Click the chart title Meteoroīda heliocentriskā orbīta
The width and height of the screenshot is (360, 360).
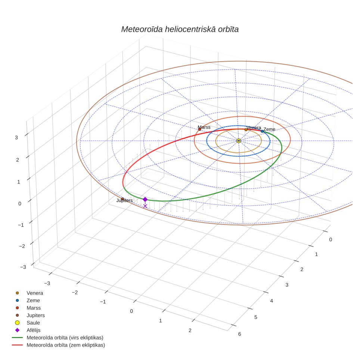coord(180,30)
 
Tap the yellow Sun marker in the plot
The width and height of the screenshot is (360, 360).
coord(239,141)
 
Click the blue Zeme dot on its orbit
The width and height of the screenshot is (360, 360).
coord(262,131)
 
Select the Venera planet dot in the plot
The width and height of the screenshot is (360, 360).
coord(246,130)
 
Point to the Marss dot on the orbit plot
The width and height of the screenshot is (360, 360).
coord(200,130)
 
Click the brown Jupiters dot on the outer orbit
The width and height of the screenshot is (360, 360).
coord(122,199)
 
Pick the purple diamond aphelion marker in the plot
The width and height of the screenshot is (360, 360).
coord(145,199)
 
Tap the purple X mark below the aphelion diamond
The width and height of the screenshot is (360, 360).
coord(145,206)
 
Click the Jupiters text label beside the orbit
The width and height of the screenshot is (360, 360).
coord(124,201)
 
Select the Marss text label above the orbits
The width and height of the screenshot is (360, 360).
coord(204,127)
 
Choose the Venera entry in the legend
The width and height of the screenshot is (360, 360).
coord(30,293)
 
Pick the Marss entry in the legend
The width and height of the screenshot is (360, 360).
coord(28,308)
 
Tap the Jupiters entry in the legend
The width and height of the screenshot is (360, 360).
coord(30,316)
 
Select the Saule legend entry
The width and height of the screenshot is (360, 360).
coord(28,323)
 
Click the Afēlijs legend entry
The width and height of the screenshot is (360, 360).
coord(28,330)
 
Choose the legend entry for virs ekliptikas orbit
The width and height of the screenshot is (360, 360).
coord(58,338)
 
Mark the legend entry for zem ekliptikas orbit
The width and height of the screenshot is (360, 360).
coord(59,345)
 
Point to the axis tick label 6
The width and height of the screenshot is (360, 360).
coord(239,334)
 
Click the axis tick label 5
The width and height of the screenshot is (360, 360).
coord(255,317)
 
